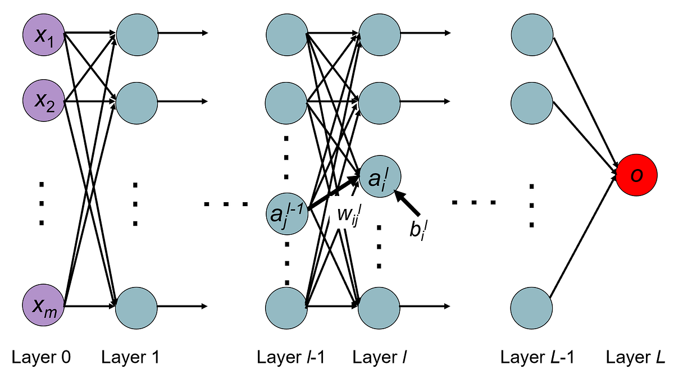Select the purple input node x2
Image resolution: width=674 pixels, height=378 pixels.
pos(44,102)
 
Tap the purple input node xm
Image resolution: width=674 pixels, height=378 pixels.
pos(44,307)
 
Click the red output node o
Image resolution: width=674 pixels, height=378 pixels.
pos(637,175)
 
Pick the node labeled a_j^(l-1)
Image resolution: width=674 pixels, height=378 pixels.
pos(287,213)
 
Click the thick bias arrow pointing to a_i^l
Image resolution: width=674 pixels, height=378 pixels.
pos(408,203)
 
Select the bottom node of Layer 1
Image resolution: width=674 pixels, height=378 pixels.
pos(136,307)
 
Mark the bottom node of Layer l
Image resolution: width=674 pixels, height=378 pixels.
pos(379,307)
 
